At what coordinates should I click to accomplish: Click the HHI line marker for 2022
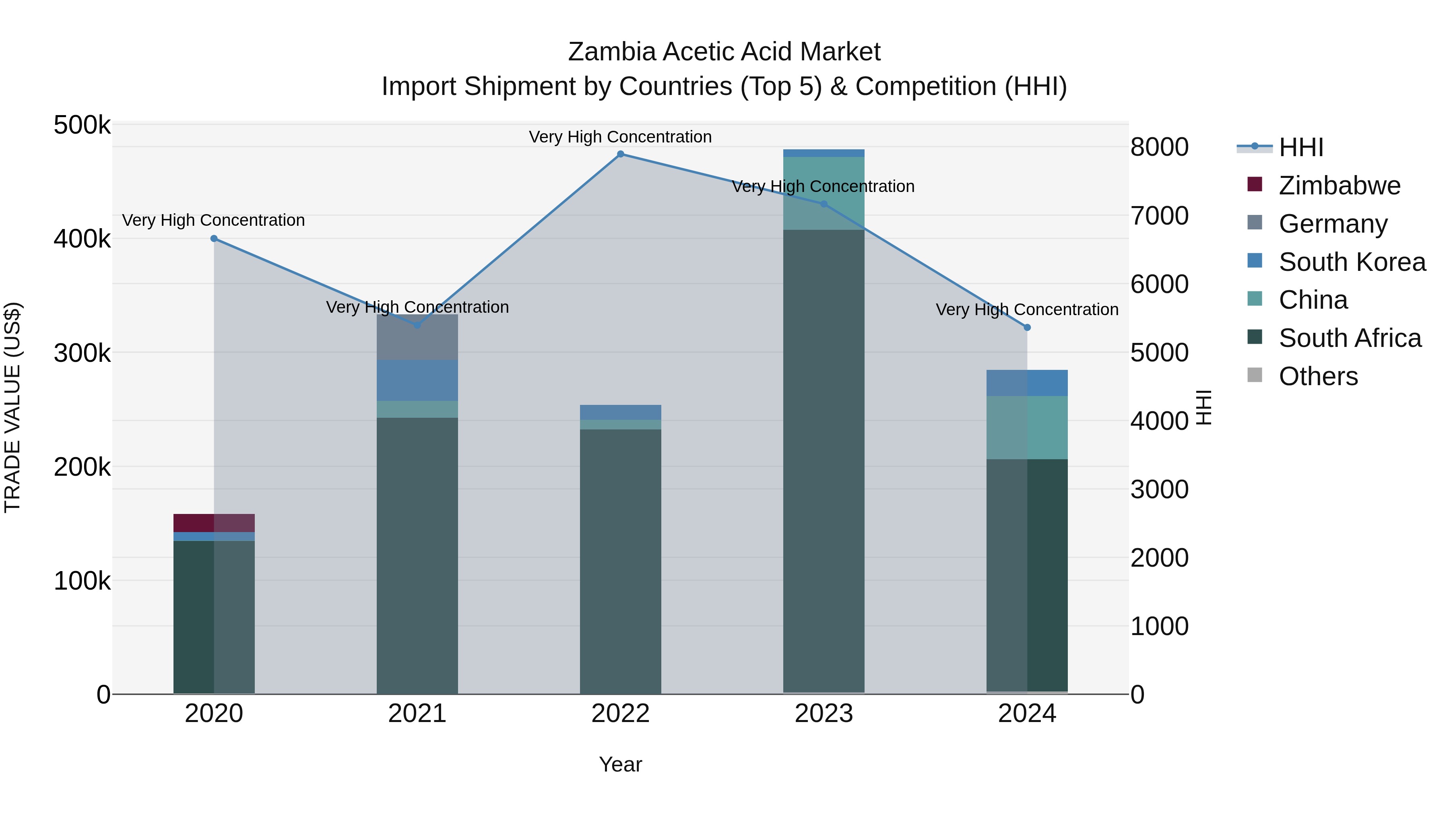[620, 154]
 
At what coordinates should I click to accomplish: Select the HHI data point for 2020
[214, 239]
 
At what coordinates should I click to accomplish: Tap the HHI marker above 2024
[1027, 327]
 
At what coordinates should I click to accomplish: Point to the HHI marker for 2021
[417, 325]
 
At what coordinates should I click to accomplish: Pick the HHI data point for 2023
[824, 204]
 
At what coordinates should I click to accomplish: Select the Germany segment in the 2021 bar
[417, 338]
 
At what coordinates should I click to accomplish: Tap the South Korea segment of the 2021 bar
[417, 380]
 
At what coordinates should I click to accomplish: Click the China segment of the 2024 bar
[1027, 427]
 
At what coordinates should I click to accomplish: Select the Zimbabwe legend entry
[1339, 186]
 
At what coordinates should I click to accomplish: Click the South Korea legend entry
[1352, 262]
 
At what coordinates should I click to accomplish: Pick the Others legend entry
[1318, 376]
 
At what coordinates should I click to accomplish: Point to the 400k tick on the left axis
[82, 239]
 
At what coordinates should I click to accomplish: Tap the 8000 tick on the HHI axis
[1159, 147]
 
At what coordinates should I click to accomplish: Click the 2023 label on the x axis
[824, 714]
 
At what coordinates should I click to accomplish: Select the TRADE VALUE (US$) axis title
[12, 407]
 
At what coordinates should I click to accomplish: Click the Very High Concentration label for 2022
[620, 137]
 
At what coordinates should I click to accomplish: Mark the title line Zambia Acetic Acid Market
[724, 52]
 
